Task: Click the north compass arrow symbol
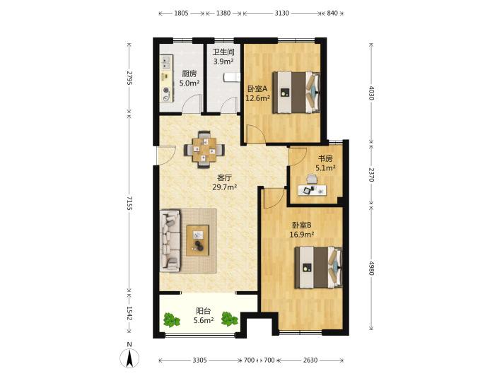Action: [129, 358]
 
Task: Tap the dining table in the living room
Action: [204, 149]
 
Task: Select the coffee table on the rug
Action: [197, 240]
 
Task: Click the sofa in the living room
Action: [170, 240]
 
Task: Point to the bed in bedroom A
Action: [296, 93]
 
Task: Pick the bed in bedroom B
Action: [319, 267]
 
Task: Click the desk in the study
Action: [312, 190]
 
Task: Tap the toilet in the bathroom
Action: [231, 77]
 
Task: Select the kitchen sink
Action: [166, 62]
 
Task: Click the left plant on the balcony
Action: [172, 319]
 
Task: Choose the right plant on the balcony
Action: [230, 319]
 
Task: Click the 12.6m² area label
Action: [257, 98]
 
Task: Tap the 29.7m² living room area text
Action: [224, 187]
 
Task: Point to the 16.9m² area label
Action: [302, 235]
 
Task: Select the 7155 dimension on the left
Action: [129, 204]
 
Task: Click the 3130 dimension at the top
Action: [281, 13]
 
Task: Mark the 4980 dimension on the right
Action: [371, 268]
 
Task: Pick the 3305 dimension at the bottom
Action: [199, 360]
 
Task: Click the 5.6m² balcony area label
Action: [204, 320]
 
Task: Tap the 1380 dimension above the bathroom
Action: [223, 13]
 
